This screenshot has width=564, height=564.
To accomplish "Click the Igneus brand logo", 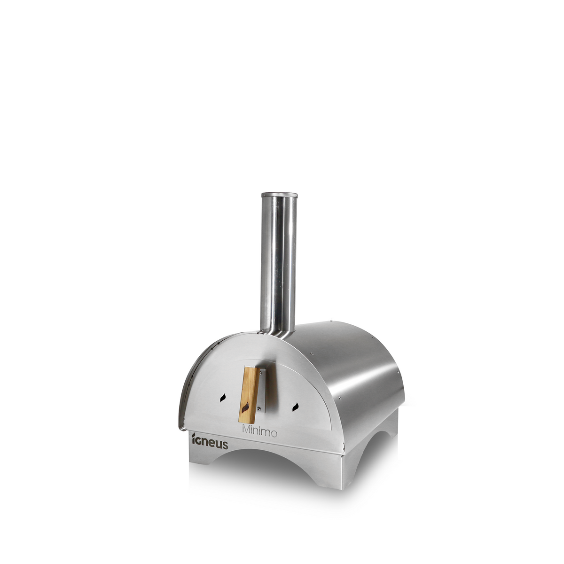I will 210,442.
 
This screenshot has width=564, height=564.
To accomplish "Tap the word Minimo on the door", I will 259,432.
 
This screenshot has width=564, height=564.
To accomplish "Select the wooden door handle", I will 249,395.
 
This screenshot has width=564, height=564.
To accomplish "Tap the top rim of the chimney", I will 279,194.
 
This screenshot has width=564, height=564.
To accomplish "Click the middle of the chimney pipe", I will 279,263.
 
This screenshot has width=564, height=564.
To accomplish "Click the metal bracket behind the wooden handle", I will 261,390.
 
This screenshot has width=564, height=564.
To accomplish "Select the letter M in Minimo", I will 246,431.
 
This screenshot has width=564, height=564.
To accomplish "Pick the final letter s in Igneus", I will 225,445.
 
